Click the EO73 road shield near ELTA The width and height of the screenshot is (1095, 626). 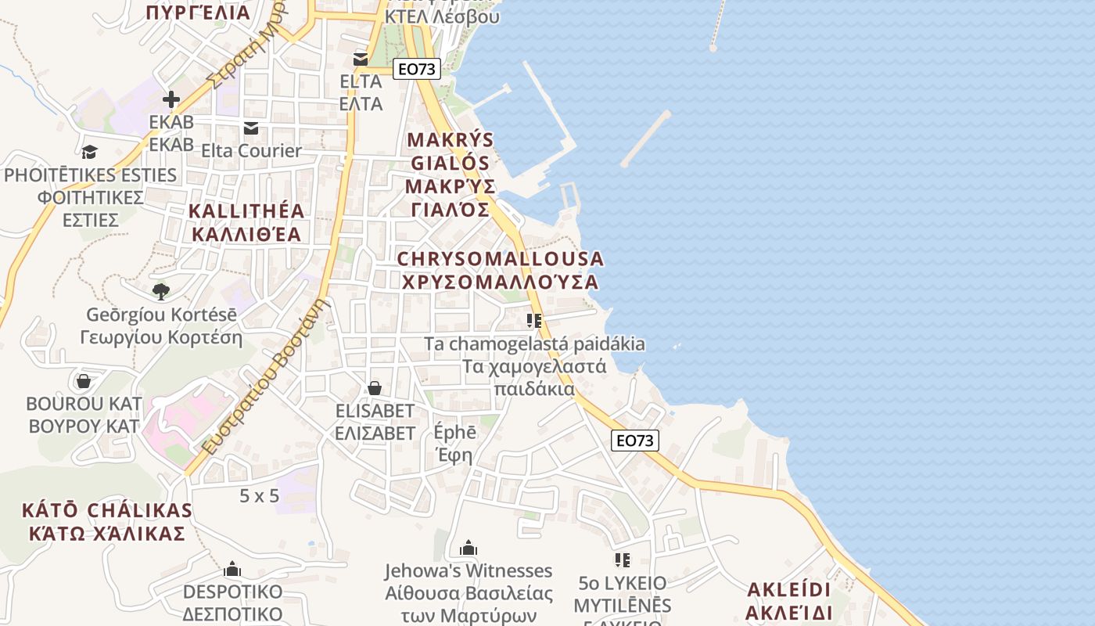coord(416,69)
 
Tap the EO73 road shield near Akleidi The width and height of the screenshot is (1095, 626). coord(634,441)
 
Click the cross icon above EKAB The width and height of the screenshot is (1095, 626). coord(171,99)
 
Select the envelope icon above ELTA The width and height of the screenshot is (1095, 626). coord(361,59)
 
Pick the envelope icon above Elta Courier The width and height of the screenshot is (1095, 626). coord(251,128)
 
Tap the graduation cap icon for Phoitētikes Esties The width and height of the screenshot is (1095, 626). coord(90,152)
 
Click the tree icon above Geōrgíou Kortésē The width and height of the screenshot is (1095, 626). coord(161,292)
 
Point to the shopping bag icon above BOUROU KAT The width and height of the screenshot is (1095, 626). coord(84,381)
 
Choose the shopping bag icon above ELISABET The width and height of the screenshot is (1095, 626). coord(375,388)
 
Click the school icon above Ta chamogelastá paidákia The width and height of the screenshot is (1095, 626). coord(535,321)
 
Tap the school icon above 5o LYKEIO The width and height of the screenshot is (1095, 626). coord(623,560)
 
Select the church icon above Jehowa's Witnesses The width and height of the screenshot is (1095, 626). coord(469,548)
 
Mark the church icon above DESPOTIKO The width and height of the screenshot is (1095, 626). coord(232,569)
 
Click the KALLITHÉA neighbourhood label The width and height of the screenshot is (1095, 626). coord(246,222)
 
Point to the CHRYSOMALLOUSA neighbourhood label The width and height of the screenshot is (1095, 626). coord(501,270)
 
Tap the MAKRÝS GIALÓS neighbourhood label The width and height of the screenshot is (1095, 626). coord(451,174)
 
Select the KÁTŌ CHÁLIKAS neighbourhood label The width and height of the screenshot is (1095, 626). coord(107,522)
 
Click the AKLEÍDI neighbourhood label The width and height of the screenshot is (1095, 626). coord(788,600)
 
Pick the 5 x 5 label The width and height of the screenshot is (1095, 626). coord(259,495)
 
